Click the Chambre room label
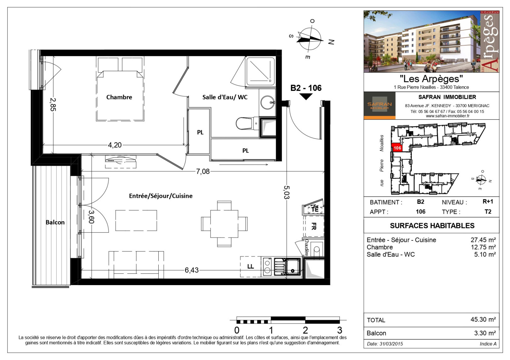pos(119,97)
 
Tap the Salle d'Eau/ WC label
pos(225,97)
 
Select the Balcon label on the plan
pos(55,222)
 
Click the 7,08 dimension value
pos(203,172)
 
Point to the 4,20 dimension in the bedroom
pos(115,145)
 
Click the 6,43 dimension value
pos(191,270)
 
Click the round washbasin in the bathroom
pos(267,103)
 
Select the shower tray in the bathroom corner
pos(260,71)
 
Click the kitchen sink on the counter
pos(292,267)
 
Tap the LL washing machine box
pos(251,267)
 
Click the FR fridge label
pos(314,226)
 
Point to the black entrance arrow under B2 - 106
pos(306,97)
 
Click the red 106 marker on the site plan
pos(397,148)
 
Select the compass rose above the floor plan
pos(309,39)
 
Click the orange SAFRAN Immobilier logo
pos(379,105)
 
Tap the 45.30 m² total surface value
pos(483,320)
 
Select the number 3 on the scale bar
pos(339,330)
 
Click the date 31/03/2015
pos(391,344)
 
